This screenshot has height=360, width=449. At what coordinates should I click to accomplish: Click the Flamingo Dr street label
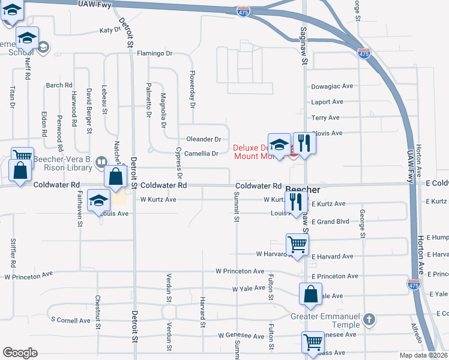point(154,53)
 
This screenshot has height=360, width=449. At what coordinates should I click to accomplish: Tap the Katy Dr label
point(110,30)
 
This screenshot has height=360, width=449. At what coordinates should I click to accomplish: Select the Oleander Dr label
point(204,139)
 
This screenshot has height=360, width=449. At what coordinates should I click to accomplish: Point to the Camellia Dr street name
point(202,154)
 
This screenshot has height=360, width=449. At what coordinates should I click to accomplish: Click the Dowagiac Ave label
point(332,86)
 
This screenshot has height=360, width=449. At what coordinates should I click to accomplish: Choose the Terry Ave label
point(326,118)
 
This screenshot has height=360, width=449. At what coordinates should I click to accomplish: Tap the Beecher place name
point(303,190)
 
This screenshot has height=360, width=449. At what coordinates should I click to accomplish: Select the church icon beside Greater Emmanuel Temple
point(369,319)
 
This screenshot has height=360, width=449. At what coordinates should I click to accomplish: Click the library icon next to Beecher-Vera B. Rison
point(101,161)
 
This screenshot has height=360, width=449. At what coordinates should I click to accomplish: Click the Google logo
point(20,353)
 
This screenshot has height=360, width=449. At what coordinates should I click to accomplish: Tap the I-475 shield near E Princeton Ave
point(413,283)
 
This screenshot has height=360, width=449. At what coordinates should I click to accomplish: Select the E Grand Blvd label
point(331,222)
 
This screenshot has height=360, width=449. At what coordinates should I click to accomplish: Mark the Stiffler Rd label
point(13,253)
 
